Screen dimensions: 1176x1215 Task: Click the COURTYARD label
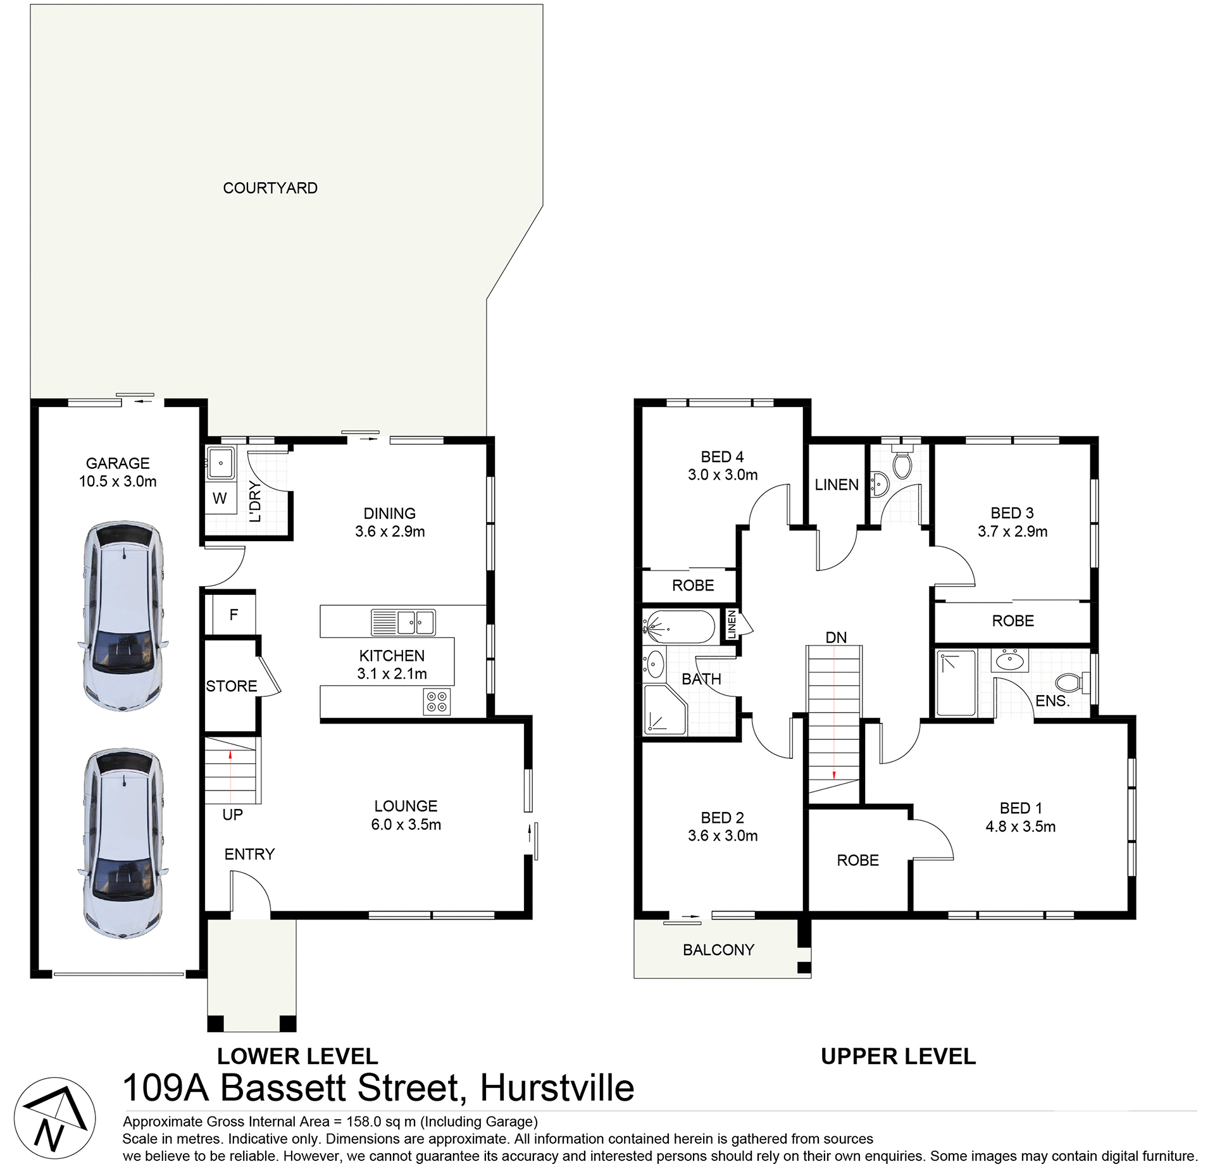(x=270, y=188)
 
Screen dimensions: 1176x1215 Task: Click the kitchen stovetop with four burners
(x=437, y=701)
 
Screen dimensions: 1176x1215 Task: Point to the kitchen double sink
(x=415, y=623)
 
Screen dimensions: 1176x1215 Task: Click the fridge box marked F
(x=234, y=615)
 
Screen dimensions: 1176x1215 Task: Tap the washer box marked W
(x=220, y=498)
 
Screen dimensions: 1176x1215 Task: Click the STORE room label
(x=232, y=686)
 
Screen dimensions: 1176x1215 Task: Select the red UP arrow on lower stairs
(x=230, y=754)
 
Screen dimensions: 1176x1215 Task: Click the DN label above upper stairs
(x=836, y=637)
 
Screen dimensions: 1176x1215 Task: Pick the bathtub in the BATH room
(x=680, y=626)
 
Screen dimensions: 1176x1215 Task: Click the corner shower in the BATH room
(x=664, y=710)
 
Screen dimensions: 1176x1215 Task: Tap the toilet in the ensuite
(x=1071, y=683)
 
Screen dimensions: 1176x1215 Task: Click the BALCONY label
(x=718, y=950)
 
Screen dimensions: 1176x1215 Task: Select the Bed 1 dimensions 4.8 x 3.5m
(x=1020, y=827)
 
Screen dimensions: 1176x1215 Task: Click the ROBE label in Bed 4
(x=693, y=585)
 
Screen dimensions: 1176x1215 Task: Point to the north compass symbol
(x=55, y=1118)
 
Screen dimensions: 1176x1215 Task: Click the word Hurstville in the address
(x=557, y=1088)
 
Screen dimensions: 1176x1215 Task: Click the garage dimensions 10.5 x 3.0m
(x=118, y=482)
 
